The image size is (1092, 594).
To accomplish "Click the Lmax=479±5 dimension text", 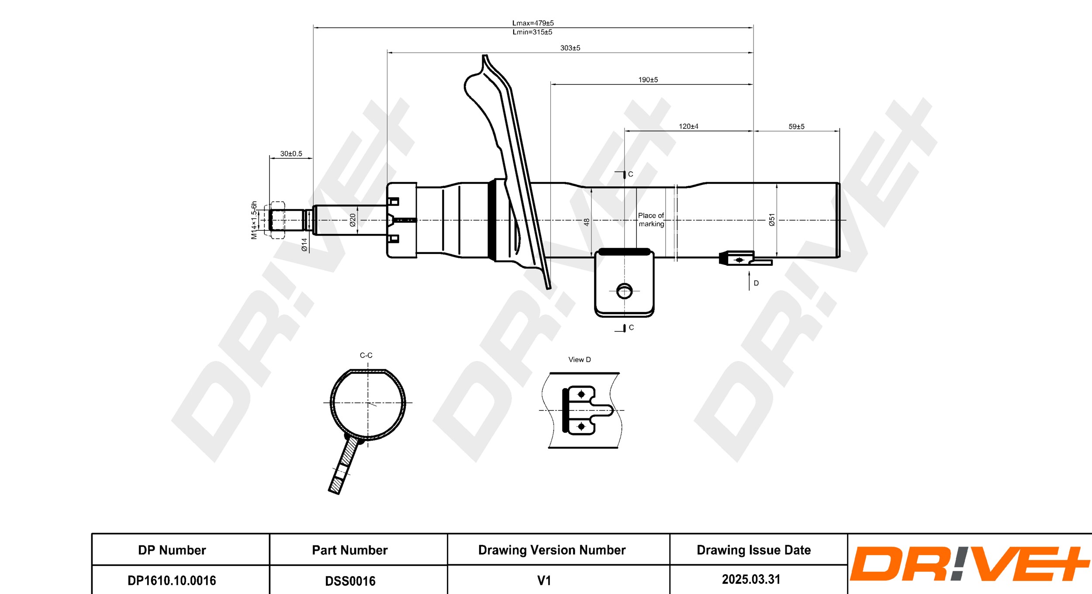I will pos(533,23).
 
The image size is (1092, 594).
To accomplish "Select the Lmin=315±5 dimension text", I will pos(532,32).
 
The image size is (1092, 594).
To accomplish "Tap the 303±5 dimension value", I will pos(570,48).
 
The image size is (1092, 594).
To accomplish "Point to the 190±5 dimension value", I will pos(648,80).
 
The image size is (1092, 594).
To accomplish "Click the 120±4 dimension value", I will pos(688,126).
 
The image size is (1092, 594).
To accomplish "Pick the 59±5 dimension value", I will pos(796,126).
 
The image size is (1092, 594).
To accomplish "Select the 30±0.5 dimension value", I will pos(291,153).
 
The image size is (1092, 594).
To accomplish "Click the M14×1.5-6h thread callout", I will pos(254,220).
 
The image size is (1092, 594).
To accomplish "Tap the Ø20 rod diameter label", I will pos(352,220).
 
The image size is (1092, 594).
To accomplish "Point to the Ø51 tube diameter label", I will pos(772,219).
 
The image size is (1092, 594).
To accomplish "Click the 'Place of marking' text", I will pos(651,219).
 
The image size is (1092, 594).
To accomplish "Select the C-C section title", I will pos(366,355).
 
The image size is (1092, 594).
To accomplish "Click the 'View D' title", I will pos(579,359).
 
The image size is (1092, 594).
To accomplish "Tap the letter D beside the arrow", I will pos(756,283).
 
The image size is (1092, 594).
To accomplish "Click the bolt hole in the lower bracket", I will pos(624,291).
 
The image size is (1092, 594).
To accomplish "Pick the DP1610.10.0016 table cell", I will pos(172,580).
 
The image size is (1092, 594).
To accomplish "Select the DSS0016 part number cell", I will pos(350,580).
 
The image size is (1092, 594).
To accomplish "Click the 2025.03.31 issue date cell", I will pos(751,579).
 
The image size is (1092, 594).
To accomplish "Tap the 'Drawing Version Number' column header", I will pos(552,550).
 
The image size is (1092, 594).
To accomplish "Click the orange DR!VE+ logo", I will pos(969,563).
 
